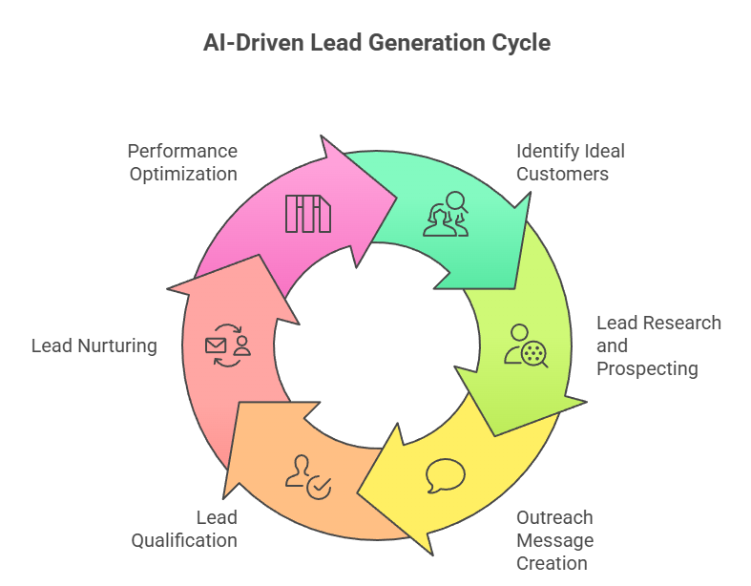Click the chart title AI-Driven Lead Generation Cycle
click(376, 43)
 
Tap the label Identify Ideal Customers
click(570, 162)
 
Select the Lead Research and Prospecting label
click(657, 345)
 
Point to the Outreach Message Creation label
click(554, 540)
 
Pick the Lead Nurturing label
click(94, 345)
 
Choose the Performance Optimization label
click(182, 162)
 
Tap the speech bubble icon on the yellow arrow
click(446, 475)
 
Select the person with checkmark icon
click(308, 476)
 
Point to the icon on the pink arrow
click(307, 214)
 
